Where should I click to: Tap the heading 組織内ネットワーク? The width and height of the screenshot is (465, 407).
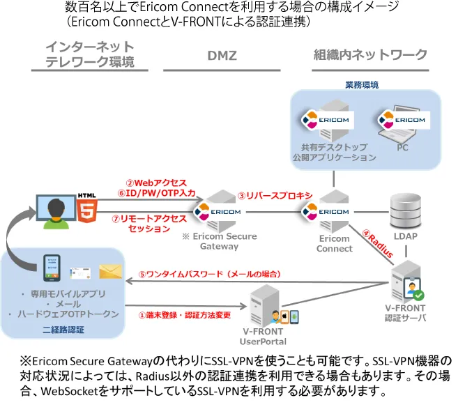coord(370,55)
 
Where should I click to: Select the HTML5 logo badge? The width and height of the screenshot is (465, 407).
coord(89,207)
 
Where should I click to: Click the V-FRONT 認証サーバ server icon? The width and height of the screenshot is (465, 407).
coord(409,284)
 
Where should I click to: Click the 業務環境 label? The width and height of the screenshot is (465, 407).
coord(362,85)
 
